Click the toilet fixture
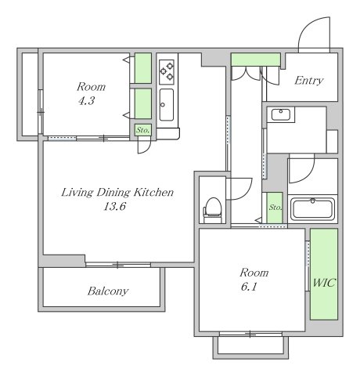(212, 210)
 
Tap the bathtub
(312, 209)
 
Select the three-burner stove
(167, 71)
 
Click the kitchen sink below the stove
(167, 105)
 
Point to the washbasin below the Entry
(281, 114)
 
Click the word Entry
(309, 81)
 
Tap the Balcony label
(108, 291)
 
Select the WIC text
(324, 283)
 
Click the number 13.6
(114, 207)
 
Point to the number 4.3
(86, 100)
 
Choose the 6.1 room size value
(249, 287)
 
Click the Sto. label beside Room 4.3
(143, 130)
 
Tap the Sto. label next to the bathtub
(275, 208)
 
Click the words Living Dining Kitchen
(117, 193)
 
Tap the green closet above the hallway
(256, 60)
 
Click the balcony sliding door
(118, 265)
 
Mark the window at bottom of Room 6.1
(250, 334)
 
